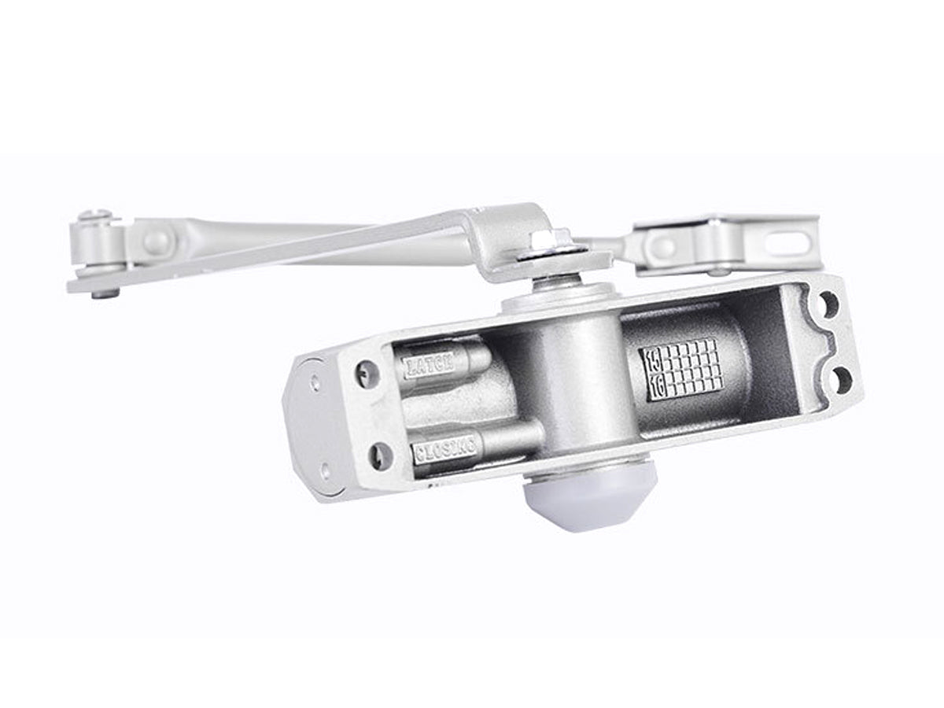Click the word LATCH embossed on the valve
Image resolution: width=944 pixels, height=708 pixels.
coord(429,365)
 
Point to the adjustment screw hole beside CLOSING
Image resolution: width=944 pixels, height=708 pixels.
coord(380,454)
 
